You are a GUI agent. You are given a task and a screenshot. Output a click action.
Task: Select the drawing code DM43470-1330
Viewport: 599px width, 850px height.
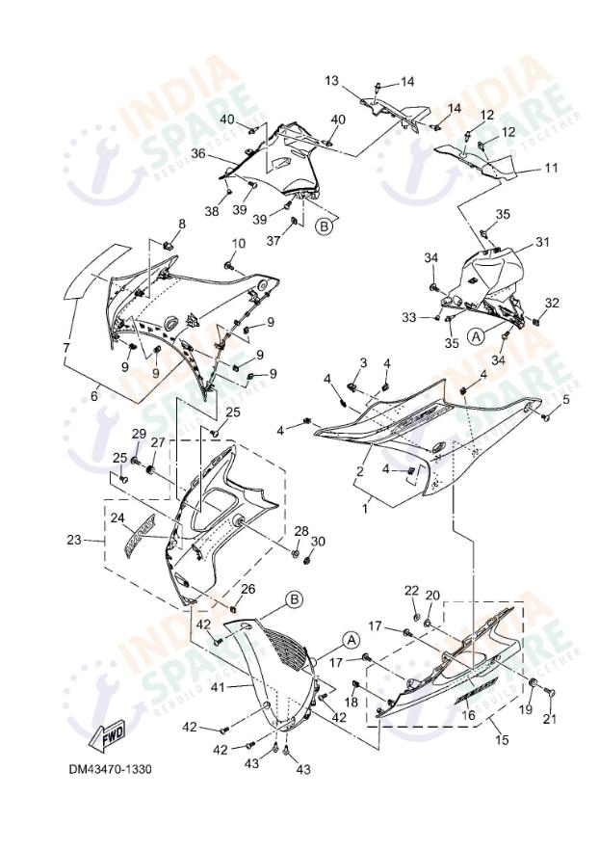click(x=110, y=770)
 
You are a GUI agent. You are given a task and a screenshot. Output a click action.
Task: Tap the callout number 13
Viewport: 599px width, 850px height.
click(x=358, y=81)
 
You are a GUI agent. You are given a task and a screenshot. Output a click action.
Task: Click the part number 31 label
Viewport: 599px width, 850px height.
click(x=541, y=242)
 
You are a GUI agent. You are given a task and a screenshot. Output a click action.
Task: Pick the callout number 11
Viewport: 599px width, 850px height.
click(x=551, y=168)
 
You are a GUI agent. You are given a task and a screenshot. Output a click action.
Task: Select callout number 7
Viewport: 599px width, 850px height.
click(x=65, y=347)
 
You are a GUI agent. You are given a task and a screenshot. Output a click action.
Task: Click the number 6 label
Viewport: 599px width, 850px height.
click(x=94, y=394)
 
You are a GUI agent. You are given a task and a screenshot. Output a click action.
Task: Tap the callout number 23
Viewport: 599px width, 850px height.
click(x=74, y=541)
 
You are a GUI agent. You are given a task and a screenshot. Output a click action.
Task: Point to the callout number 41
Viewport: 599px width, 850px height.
click(x=217, y=687)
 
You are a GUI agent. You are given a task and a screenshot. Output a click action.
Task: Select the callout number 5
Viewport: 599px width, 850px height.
click(x=566, y=398)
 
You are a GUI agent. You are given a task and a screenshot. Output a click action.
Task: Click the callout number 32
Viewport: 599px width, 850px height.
click(x=552, y=303)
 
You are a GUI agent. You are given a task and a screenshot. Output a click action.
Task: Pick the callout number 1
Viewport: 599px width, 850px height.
click(x=365, y=503)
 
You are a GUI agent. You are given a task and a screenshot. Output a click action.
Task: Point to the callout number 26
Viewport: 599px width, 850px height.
click(x=247, y=589)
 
